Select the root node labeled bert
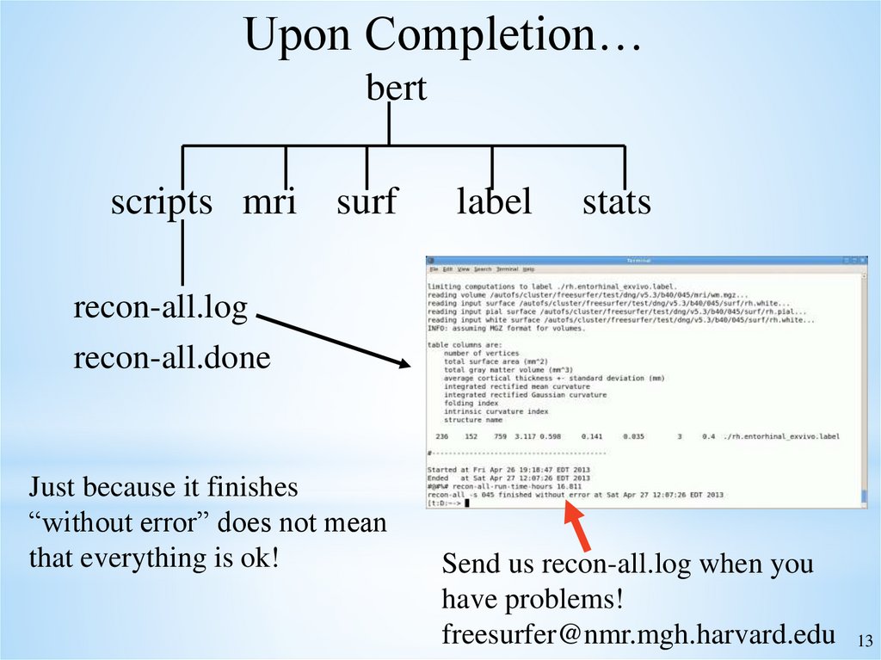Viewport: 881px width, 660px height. [397, 88]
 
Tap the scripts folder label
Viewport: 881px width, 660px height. [161, 202]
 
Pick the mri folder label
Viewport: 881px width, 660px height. [269, 202]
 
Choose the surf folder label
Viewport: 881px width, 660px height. [367, 202]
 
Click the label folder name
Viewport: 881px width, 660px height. [494, 202]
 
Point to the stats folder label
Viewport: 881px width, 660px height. [616, 202]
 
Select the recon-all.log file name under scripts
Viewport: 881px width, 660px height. [160, 307]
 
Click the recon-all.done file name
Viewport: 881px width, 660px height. [172, 357]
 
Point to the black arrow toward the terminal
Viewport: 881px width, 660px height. [335, 342]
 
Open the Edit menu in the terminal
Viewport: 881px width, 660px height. [447, 269]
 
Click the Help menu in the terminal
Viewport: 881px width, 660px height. [528, 269]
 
